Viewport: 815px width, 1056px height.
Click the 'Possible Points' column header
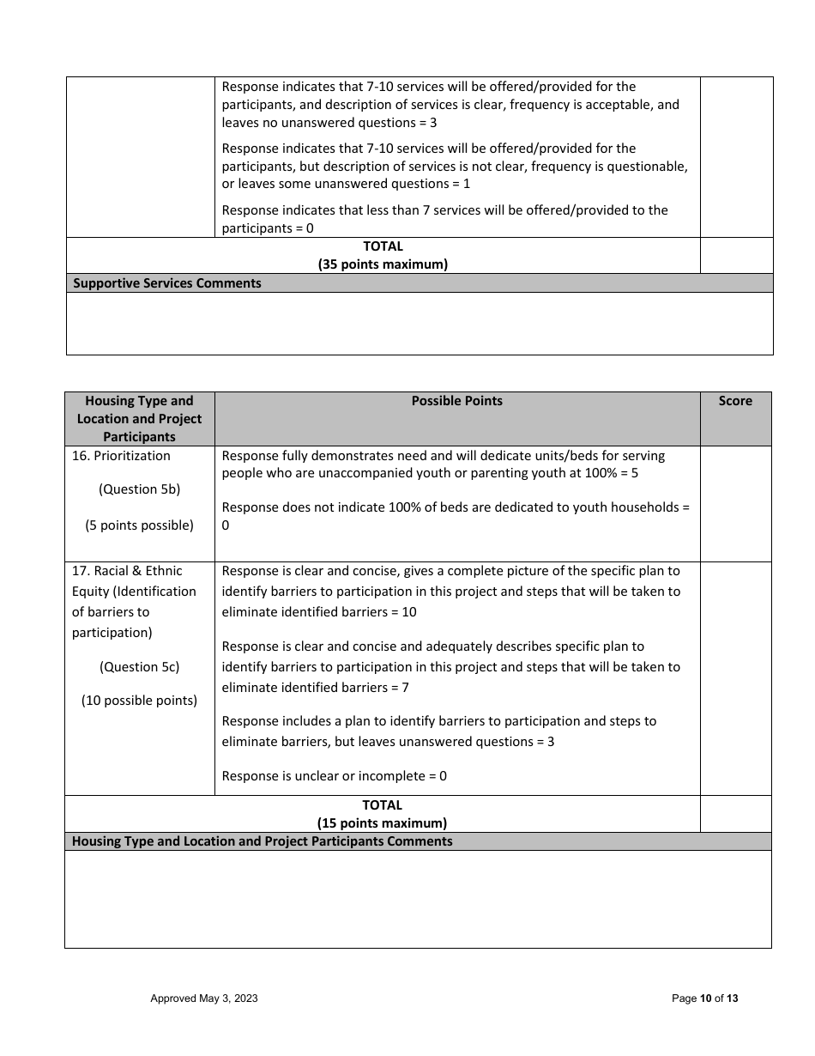456,401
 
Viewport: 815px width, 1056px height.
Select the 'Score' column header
735,401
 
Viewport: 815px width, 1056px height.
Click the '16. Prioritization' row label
121,456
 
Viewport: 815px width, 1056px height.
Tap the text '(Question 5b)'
139,489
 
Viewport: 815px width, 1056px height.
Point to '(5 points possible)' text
139,525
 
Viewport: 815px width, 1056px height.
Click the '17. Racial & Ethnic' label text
127,571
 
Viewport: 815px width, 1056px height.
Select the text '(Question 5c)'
139,667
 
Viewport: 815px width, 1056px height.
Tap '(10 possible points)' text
139,701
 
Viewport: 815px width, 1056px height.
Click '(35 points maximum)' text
383,264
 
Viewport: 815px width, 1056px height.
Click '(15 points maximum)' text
382,823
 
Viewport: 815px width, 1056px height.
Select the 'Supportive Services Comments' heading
167,283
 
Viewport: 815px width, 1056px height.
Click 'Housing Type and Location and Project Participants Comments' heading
262,841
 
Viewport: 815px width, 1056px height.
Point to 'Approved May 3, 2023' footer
204,998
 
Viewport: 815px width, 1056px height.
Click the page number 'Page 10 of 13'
704,998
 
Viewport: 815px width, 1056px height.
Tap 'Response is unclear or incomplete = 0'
334,776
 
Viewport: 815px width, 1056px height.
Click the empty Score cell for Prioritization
735,503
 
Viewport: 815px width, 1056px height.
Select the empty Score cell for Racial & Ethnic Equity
735,678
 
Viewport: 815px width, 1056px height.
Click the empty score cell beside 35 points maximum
736,255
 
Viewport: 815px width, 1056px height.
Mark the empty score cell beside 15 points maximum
735,814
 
